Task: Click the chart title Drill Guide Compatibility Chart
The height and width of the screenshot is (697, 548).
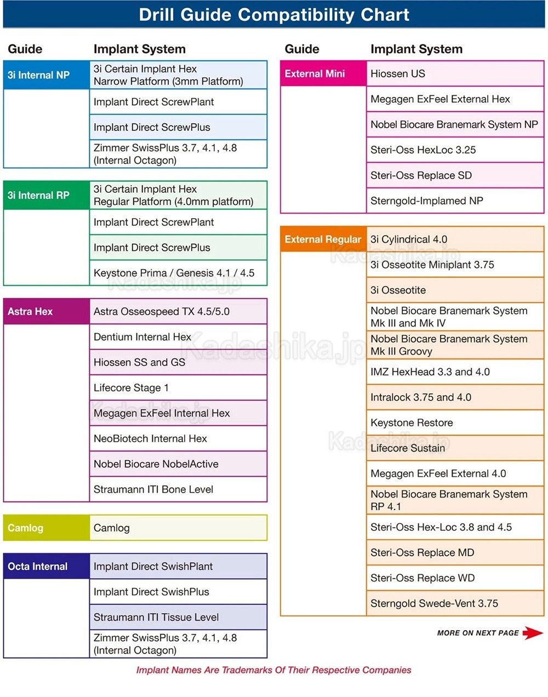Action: [273, 15]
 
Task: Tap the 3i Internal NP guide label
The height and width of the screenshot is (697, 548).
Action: [39, 75]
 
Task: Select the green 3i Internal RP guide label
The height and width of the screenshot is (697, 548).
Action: [39, 195]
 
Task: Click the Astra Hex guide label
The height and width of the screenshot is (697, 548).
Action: [31, 311]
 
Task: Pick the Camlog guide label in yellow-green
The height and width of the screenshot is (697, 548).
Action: [26, 528]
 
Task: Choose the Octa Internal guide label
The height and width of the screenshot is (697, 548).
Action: [38, 566]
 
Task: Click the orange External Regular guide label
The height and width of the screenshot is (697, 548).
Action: [323, 239]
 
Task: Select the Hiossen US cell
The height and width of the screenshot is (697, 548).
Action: [455, 73]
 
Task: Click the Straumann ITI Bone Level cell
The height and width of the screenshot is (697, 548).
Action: [178, 489]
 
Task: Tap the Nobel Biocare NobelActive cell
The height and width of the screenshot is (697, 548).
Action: [178, 464]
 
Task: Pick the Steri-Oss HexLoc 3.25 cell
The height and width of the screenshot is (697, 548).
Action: [455, 150]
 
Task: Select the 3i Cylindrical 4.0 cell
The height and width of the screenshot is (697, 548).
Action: [455, 239]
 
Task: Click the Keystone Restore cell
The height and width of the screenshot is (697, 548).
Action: [455, 422]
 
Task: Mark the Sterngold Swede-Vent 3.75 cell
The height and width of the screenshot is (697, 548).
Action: [455, 603]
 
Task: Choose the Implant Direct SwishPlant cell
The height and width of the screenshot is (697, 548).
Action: [178, 566]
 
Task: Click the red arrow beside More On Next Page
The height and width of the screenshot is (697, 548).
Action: [532, 633]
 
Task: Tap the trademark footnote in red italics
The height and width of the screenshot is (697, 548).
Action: [273, 670]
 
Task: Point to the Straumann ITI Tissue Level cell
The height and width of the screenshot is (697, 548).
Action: [178, 617]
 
